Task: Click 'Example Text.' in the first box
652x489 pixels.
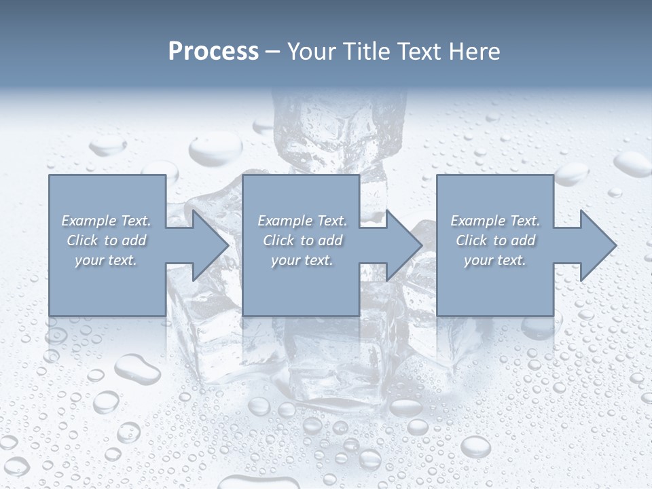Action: [x=106, y=221]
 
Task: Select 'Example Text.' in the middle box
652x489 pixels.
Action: [x=302, y=221]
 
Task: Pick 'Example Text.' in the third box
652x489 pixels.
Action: [x=495, y=221]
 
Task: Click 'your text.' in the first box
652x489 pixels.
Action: [x=106, y=260]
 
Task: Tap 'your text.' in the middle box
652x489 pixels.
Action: [x=302, y=260]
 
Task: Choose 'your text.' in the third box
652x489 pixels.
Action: [x=495, y=260]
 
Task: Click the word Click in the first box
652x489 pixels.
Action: [x=82, y=240]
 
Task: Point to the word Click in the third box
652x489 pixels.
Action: [x=471, y=240]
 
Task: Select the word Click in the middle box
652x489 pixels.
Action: [x=278, y=240]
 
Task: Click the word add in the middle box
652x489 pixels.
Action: [x=330, y=240]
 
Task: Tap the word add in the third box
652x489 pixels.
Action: [x=523, y=240]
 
